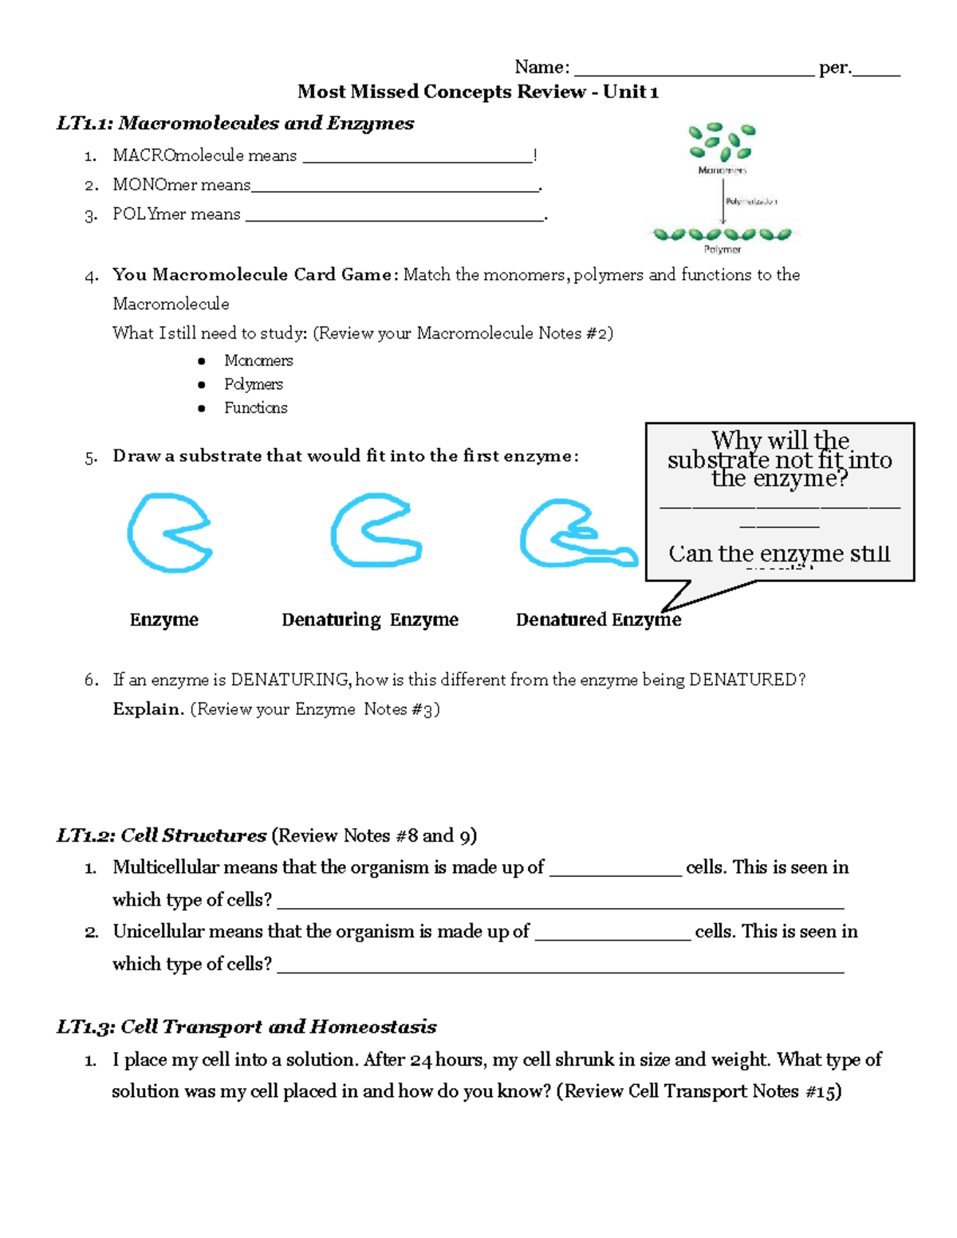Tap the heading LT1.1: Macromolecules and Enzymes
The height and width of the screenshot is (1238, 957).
coord(235,124)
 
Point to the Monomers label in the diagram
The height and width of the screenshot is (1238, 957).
coord(722,170)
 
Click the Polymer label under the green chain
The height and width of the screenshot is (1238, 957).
coord(722,250)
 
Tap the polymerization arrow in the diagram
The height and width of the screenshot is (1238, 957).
coord(723,201)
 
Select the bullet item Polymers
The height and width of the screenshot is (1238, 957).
coord(254,384)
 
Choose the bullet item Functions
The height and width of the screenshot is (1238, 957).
coord(255,408)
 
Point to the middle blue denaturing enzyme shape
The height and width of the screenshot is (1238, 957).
coord(374,531)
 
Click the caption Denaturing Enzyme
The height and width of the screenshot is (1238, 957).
coord(370,620)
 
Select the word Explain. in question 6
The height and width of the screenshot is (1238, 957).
coord(148,709)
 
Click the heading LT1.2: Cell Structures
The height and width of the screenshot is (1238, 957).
coord(161,835)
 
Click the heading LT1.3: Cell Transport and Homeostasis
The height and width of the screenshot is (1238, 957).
coord(246,1027)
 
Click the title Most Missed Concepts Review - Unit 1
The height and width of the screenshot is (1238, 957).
coord(478,92)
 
